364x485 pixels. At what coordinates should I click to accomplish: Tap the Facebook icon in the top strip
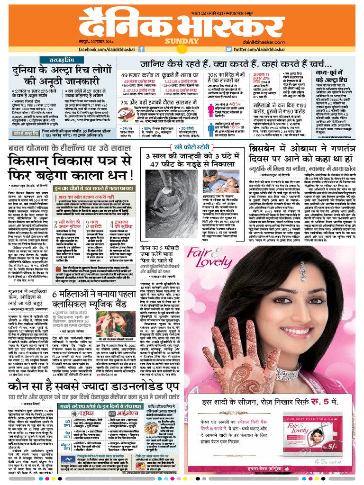[x=141, y=49]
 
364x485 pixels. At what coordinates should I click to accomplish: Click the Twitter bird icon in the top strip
[x=228, y=49]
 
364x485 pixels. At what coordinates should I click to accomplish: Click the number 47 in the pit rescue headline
[x=154, y=164]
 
